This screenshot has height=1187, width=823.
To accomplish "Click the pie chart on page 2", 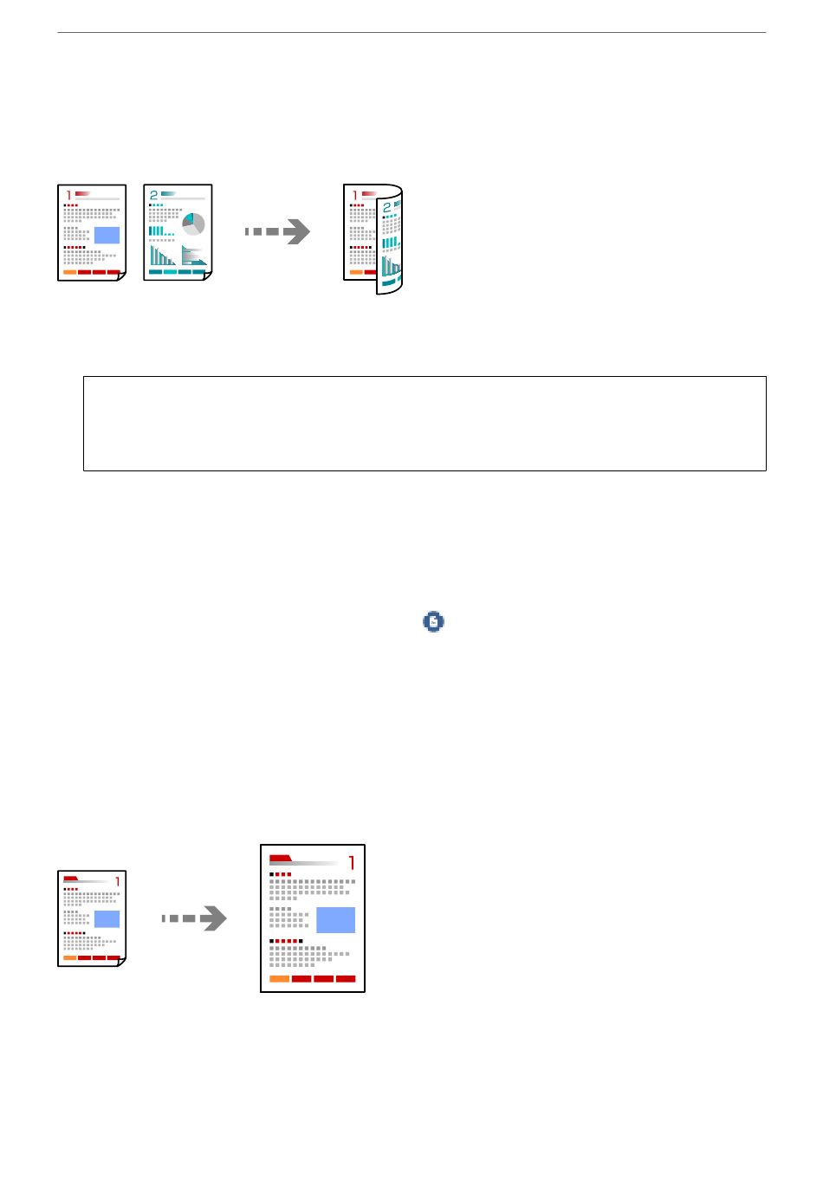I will click(193, 224).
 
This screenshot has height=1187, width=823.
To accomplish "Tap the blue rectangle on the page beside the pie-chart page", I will click(107, 235).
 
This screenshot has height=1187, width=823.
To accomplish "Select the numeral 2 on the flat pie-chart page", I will click(154, 195).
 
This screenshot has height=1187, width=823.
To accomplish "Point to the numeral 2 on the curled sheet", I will click(386, 208).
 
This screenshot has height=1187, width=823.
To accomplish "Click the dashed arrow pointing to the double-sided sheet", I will click(277, 231).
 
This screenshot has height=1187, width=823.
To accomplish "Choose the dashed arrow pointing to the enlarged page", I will click(194, 918).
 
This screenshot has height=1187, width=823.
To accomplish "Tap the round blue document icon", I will click(433, 621).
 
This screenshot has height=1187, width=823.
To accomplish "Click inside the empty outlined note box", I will click(424, 424).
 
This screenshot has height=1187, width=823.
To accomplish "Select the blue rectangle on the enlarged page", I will click(335, 919).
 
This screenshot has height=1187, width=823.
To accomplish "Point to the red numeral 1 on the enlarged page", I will click(352, 863).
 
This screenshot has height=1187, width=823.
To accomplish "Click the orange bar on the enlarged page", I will click(279, 978).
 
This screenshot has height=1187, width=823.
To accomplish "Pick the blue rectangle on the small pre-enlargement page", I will click(107, 919).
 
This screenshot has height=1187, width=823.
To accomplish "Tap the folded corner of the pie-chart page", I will click(207, 276).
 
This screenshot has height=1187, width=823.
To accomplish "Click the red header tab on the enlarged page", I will click(281, 859).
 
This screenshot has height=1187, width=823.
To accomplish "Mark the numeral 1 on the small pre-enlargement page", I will click(117, 881).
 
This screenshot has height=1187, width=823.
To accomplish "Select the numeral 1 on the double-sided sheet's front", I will click(354, 196).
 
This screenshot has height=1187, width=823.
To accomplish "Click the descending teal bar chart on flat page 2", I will click(161, 256).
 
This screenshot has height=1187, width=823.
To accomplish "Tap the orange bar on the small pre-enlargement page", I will click(69, 957).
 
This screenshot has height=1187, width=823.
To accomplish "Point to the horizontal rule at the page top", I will click(411, 33).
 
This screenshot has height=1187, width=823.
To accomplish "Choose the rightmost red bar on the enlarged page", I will click(345, 978).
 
